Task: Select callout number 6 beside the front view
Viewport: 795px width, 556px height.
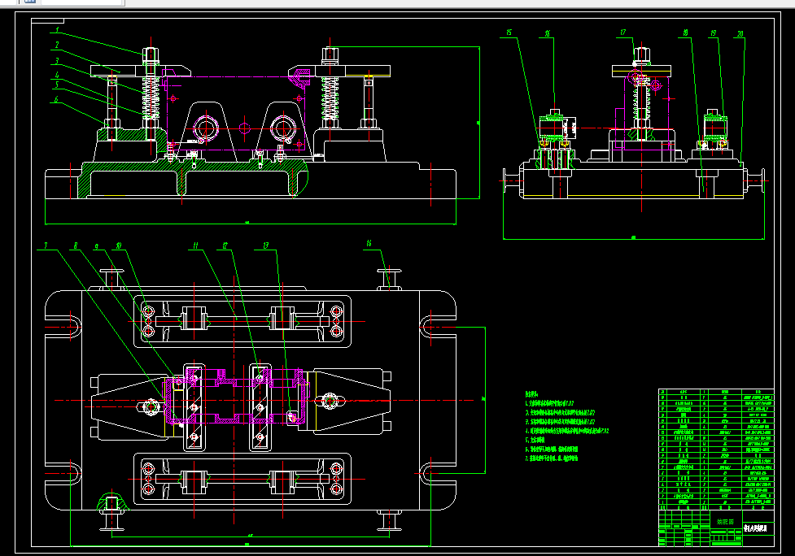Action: pos(57,100)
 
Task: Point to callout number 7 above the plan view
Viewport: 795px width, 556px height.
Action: pos(47,245)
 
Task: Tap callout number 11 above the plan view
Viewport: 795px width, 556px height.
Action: pos(195,245)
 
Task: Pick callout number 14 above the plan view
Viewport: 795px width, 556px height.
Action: pos(369,244)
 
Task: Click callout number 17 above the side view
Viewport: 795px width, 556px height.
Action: pos(623,33)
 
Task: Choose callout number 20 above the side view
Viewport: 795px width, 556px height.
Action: pos(740,34)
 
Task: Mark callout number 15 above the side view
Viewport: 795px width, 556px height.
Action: pos(509,33)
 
